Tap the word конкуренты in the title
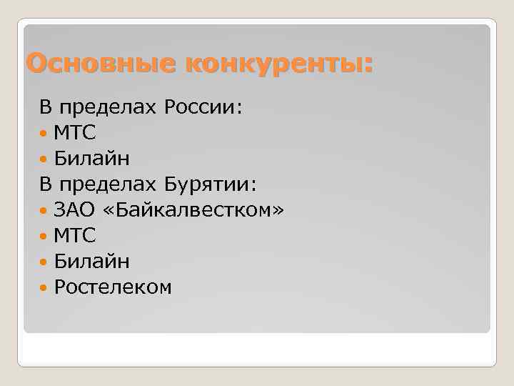pyautogui.click(x=278, y=64)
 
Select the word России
pyautogui.click(x=203, y=108)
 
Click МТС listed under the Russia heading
pyautogui.click(x=75, y=134)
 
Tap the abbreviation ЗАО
pyautogui.click(x=75, y=210)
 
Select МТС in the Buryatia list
pyautogui.click(x=75, y=236)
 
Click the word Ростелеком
pyautogui.click(x=113, y=287)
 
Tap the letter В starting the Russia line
pyautogui.click(x=45, y=108)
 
